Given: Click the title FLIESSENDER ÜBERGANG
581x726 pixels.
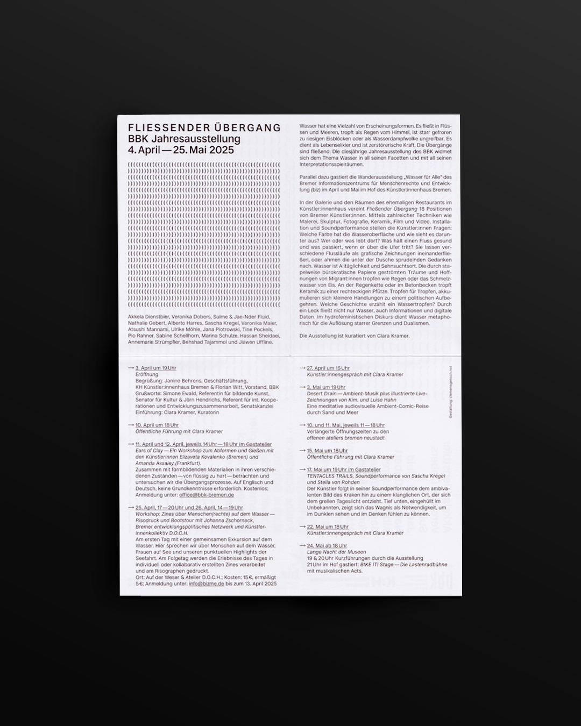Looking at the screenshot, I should tap(204, 128).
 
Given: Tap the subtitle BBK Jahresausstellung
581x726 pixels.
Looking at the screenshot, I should tap(184, 139).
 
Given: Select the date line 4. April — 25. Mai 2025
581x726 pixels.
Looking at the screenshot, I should tap(181, 150).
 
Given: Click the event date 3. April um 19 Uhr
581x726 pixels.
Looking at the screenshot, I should tap(155, 368).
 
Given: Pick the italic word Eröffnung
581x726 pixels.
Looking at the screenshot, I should tap(147, 374).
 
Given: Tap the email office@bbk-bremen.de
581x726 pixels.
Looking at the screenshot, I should tap(207, 495).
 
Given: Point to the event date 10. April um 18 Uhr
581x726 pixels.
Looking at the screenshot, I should tap(157, 425).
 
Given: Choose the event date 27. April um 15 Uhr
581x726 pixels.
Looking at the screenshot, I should tap(328, 368).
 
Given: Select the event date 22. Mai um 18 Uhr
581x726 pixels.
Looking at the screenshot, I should tap(327, 527).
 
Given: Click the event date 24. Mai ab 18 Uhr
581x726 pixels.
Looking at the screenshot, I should tap(327, 546).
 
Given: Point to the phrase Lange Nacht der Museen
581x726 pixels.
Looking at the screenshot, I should tap(336, 552).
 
